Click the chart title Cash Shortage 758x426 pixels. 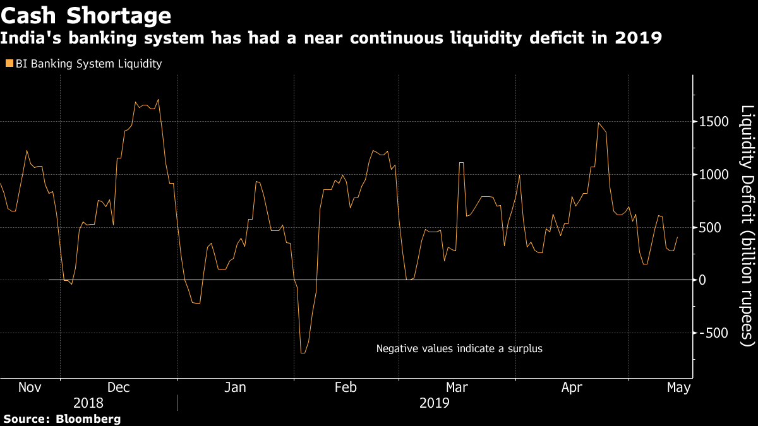86,15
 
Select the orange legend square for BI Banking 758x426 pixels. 9,64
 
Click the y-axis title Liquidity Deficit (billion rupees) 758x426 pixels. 747,225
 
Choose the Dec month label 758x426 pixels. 119,388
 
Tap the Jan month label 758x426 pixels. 235,388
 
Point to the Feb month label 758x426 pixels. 346,388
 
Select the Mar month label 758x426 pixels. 457,388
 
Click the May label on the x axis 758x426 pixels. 678,388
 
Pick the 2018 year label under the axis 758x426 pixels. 88,403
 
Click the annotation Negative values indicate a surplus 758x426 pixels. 459,348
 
